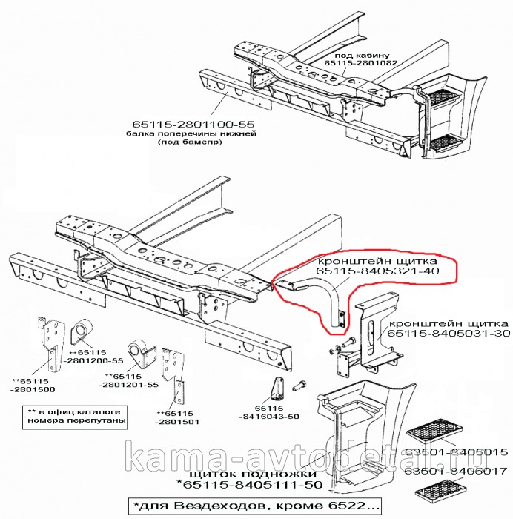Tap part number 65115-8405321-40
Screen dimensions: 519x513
click(x=380, y=273)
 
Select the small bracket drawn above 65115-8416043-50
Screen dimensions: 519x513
click(x=278, y=386)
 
